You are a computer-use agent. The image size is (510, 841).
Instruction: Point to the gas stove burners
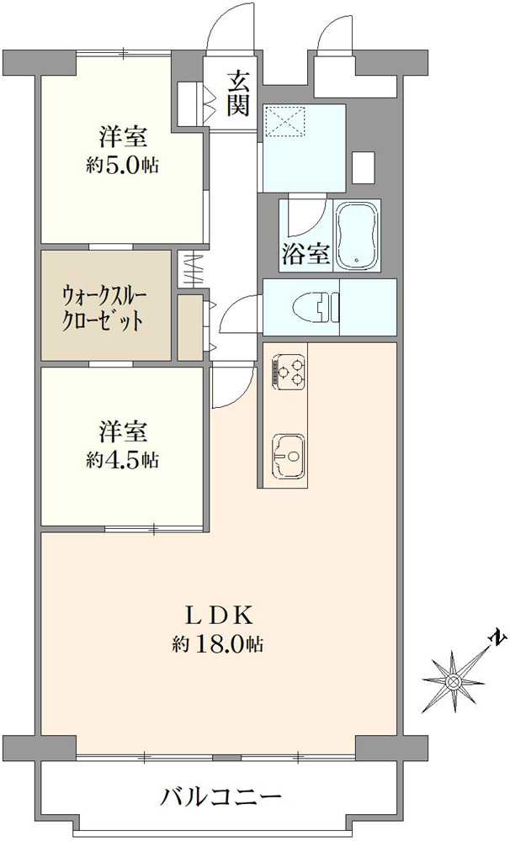pyautogui.click(x=289, y=372)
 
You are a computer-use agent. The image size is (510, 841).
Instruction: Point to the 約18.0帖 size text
pyautogui.click(x=218, y=644)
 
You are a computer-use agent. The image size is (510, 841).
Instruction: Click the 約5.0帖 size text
pyautogui.click(x=122, y=166)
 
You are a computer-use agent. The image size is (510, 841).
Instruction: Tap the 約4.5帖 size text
pyautogui.click(x=122, y=460)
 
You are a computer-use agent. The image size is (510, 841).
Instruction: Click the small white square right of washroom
pyautogui.click(x=363, y=166)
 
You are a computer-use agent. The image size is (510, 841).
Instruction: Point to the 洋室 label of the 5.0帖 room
pyautogui.click(x=123, y=136)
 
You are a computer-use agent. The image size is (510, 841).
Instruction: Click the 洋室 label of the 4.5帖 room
pyautogui.click(x=123, y=432)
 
